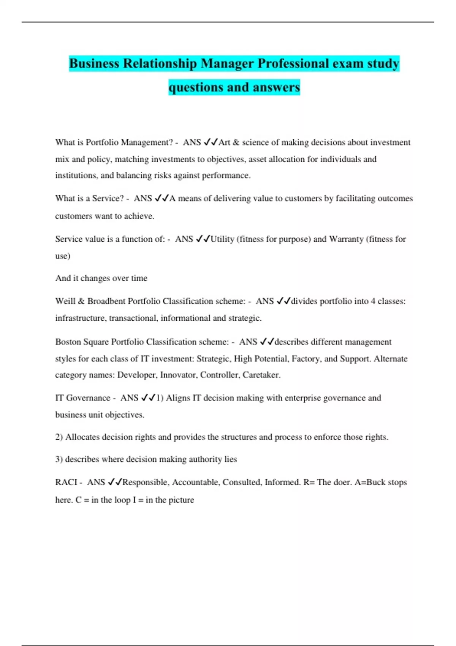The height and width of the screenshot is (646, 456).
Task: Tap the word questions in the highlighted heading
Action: [x=196, y=87]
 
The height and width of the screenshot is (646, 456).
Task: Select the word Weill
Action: [x=65, y=301]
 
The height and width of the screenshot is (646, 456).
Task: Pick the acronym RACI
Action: [x=66, y=482]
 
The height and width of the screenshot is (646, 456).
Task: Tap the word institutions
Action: [x=76, y=176]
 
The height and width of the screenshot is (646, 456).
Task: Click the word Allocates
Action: [x=82, y=437]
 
